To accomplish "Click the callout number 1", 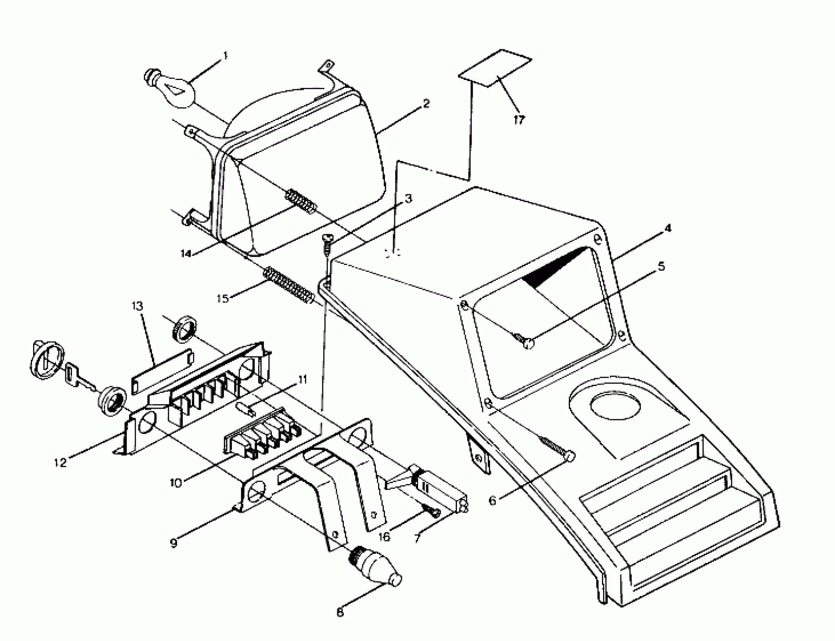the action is [x=225, y=56].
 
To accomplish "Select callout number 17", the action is [x=519, y=120].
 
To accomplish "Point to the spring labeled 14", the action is [x=301, y=201].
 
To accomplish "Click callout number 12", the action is [x=61, y=463].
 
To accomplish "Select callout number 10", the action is [x=176, y=482].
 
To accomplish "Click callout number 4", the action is [x=667, y=228].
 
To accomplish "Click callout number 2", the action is [x=426, y=103].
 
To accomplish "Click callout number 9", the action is [x=174, y=543].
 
